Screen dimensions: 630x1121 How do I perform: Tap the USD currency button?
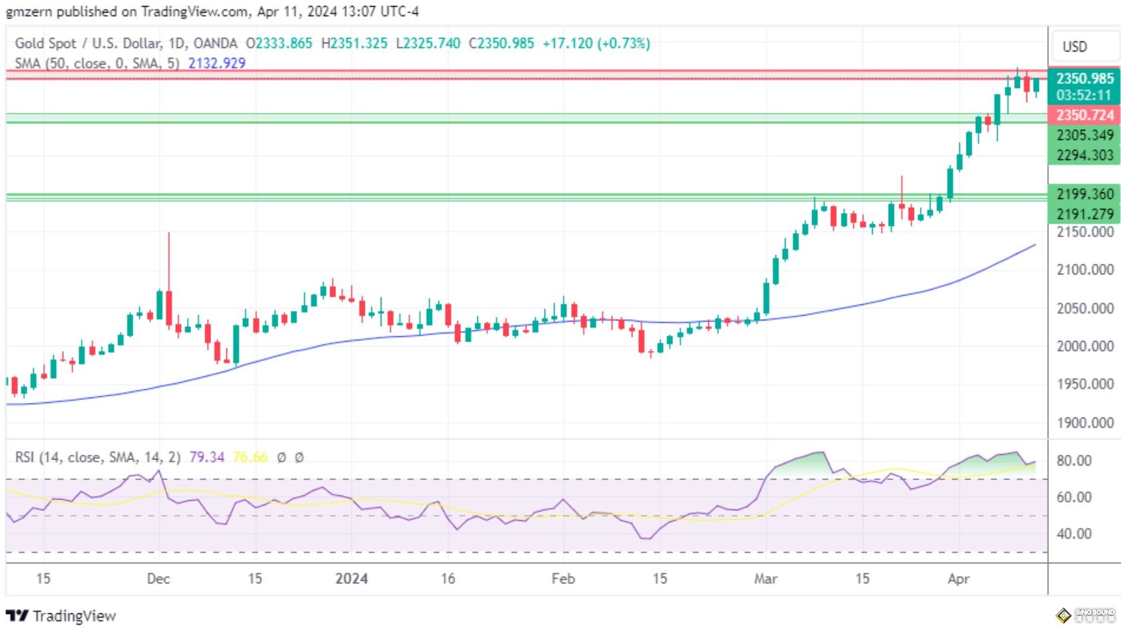[x=1074, y=47]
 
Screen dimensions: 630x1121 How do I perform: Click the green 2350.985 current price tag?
[x=1084, y=79]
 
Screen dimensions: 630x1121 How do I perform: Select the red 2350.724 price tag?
[x=1084, y=115]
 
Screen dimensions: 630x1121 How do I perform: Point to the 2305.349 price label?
[x=1084, y=135]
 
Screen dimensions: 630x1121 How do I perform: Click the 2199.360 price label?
[x=1084, y=194]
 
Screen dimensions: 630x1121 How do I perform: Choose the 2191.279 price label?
[x=1084, y=214]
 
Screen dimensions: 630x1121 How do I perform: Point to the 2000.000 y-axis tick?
[x=1084, y=346]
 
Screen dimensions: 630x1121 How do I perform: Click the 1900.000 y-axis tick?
[x=1084, y=423]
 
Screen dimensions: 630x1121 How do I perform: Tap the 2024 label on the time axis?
[x=351, y=578]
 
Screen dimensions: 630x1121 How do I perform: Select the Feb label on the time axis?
[x=563, y=578]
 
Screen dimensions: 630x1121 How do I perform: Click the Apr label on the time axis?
[x=958, y=578]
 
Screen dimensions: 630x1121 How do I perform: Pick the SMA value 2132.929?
[x=216, y=63]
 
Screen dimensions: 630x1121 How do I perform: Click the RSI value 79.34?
[x=206, y=458]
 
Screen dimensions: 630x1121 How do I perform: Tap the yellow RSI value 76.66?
[x=250, y=458]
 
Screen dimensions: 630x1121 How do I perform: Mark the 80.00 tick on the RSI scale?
[x=1074, y=461]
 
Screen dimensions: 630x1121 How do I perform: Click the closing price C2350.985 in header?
[x=501, y=43]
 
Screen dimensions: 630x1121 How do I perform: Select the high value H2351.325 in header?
[x=354, y=43]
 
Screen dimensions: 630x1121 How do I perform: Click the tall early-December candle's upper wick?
[x=169, y=260]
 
